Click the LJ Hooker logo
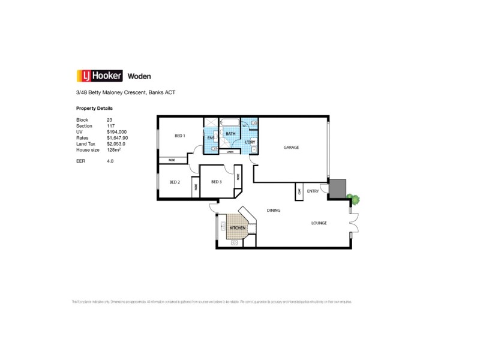point(100,76)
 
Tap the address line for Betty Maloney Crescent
point(125,93)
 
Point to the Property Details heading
point(94,109)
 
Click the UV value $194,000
point(117,131)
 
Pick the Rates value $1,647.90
point(118,137)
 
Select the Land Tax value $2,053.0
point(117,143)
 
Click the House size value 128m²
point(115,149)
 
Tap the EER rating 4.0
point(110,161)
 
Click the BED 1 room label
point(180,136)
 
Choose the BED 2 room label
point(175,182)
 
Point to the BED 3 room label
point(216,182)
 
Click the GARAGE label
point(291,148)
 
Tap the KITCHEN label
point(238,229)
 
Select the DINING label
point(274,211)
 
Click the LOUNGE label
point(319,223)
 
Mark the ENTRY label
point(313,191)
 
